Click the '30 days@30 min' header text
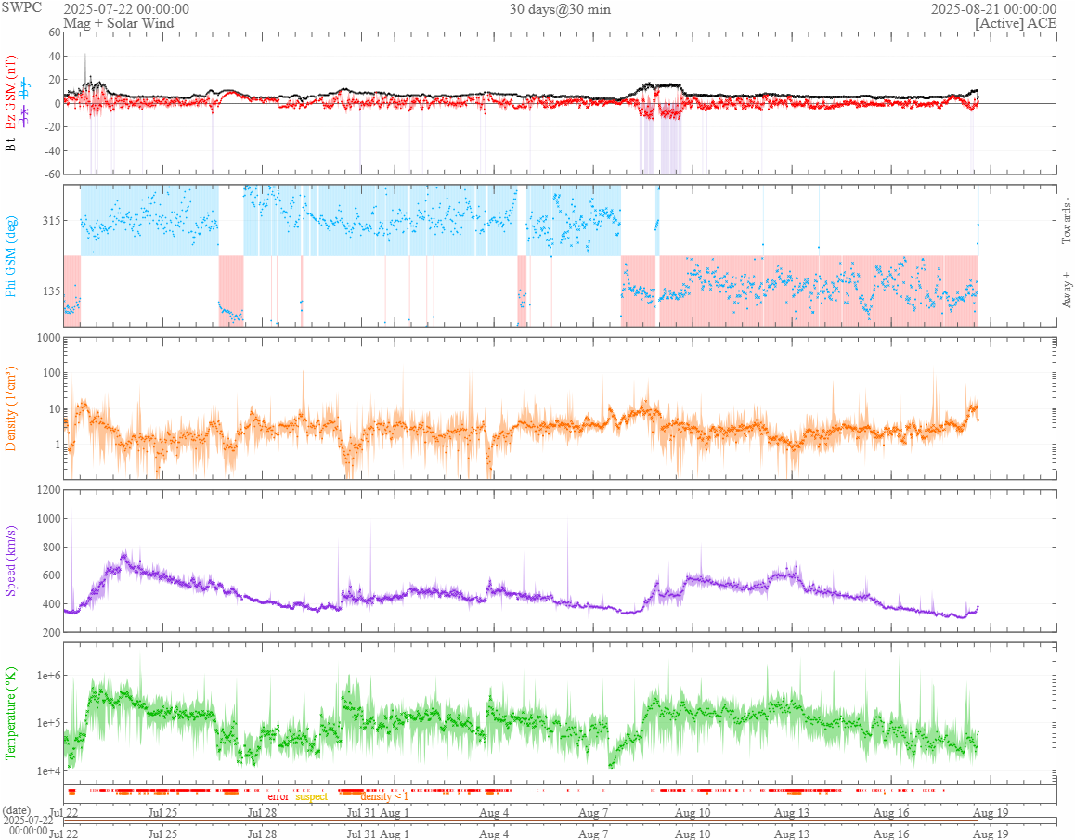click(x=560, y=9)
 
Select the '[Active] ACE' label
click(x=1016, y=23)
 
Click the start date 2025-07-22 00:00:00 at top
click(x=126, y=9)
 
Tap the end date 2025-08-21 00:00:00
click(x=993, y=9)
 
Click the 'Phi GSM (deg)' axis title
click(x=11, y=254)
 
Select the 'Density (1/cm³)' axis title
click(x=11, y=408)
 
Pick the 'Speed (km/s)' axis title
click(x=11, y=560)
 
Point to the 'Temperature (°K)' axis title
click(x=11, y=712)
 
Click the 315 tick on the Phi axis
click(x=48, y=221)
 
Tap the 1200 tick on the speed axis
click(x=45, y=489)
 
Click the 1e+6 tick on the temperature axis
click(x=45, y=675)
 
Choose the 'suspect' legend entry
click(x=311, y=796)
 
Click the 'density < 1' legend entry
click(x=383, y=796)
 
